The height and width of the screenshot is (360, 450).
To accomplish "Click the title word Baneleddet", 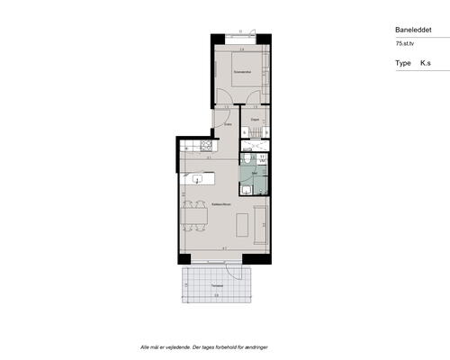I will coord(413,29).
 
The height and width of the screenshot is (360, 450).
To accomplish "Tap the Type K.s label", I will coord(412,64).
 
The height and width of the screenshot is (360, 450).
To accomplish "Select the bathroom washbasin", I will coord(246,190).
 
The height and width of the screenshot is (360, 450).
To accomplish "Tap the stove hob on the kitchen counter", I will coord(205,145).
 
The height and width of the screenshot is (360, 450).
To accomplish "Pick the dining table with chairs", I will coord(192,217).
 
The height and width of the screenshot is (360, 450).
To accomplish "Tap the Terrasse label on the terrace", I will coord(217,285).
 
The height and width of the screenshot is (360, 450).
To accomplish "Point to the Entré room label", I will coord(229,125).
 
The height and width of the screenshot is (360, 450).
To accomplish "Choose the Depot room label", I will coord(256,119).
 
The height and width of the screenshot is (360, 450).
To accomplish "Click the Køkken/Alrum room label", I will coord(219,205).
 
